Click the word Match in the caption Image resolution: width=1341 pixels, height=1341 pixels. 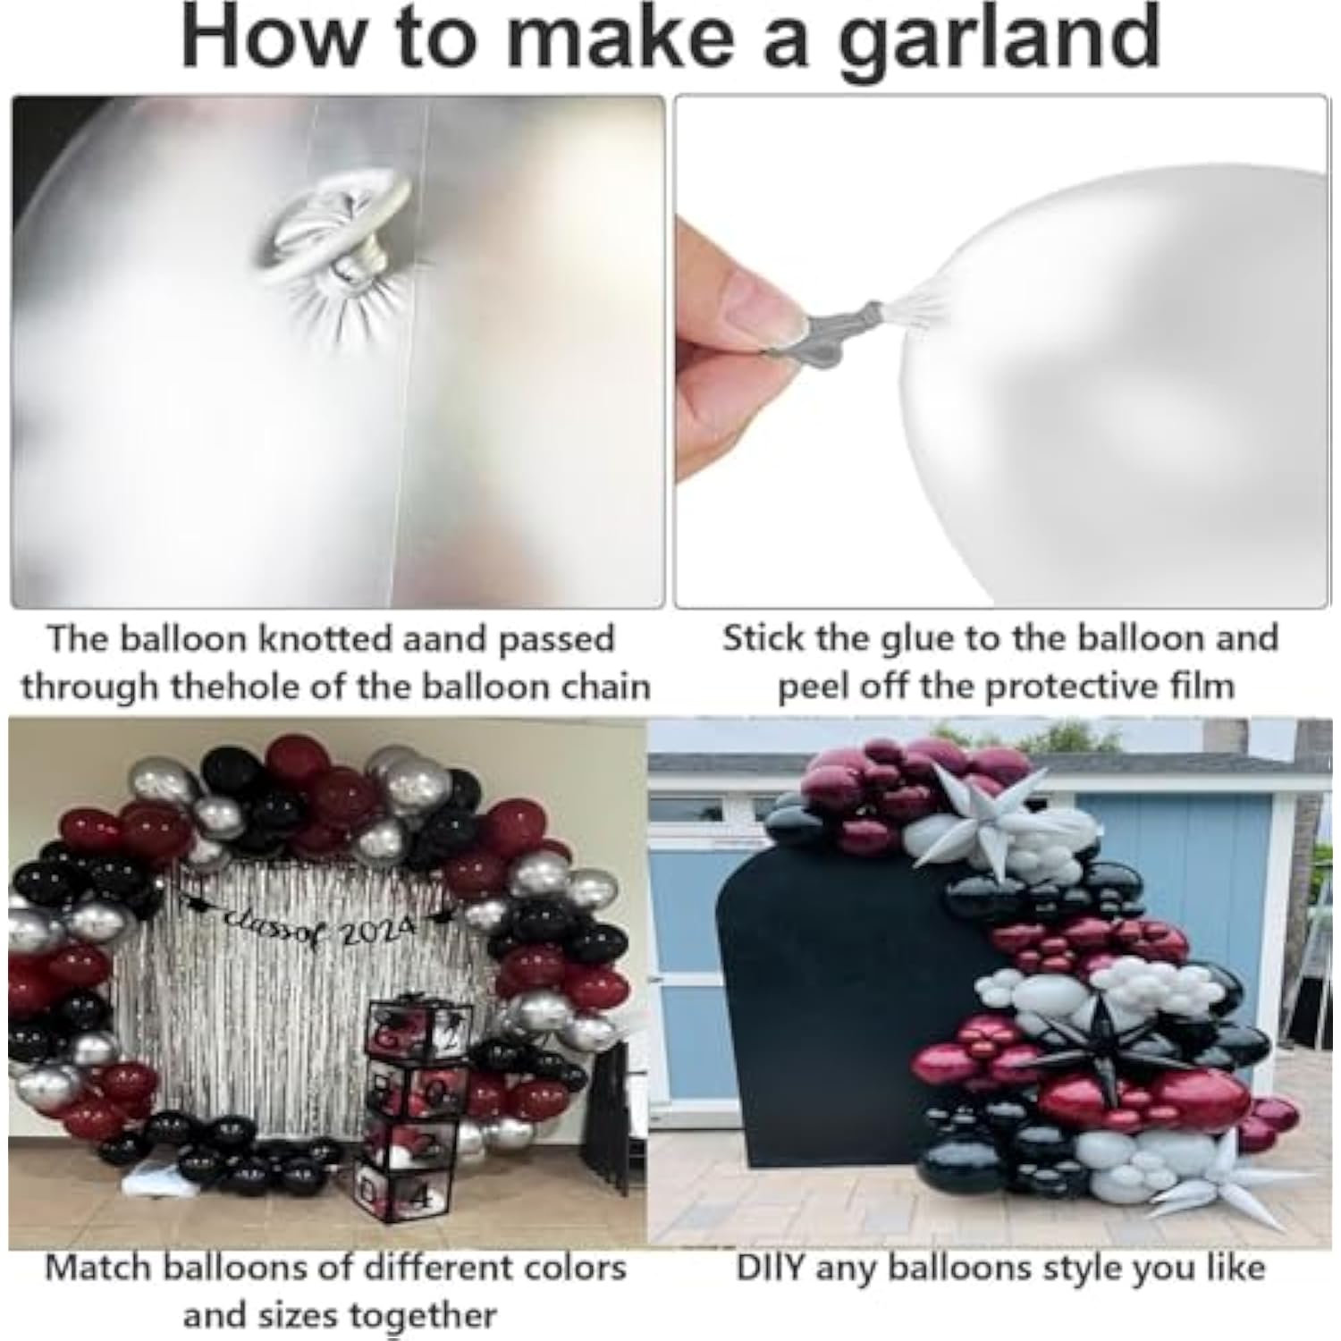tap(94, 1268)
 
